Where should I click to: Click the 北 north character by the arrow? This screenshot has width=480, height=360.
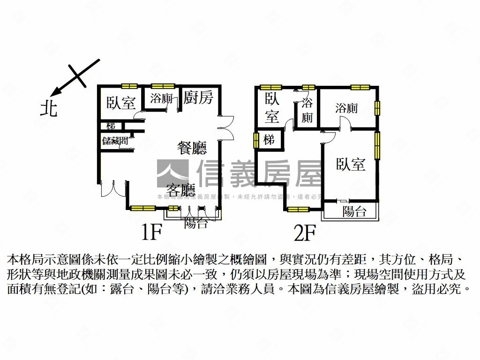[x=49, y=109]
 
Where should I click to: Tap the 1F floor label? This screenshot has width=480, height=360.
[x=151, y=232]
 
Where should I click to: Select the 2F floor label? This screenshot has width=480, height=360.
[x=305, y=232]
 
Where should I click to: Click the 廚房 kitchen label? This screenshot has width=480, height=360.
[x=198, y=98]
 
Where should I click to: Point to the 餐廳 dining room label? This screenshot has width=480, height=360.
[x=192, y=148]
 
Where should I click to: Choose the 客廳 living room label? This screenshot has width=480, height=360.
[x=180, y=190]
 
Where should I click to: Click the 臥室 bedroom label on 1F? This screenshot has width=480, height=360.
[x=121, y=103]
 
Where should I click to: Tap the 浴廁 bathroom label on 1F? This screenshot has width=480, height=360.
[x=161, y=99]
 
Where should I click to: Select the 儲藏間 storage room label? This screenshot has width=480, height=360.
[x=115, y=141]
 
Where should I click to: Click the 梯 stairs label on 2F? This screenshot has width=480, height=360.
[x=269, y=140]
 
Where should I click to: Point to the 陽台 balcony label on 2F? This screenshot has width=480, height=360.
[x=354, y=211]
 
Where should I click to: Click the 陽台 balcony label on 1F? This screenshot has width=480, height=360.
[x=196, y=223]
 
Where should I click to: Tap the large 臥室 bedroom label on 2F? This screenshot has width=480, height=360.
[x=351, y=164]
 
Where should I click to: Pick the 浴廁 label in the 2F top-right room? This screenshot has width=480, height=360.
[x=346, y=108]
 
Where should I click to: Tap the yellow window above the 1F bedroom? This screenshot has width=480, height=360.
[x=129, y=86]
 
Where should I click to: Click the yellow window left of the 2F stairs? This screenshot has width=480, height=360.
[x=256, y=141]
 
